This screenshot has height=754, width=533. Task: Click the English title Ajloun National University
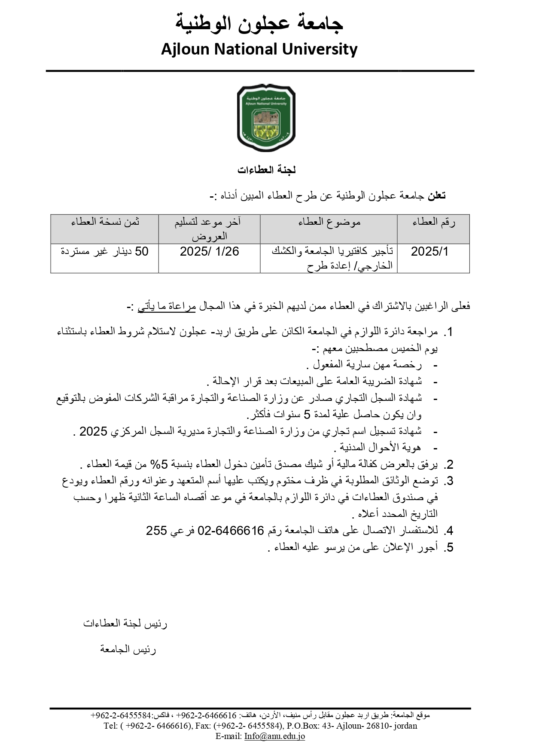pyautogui.click(x=259, y=49)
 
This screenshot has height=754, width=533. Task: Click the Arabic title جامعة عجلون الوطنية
pyautogui.click(x=259, y=24)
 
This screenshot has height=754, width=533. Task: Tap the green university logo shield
pyautogui.click(x=266, y=117)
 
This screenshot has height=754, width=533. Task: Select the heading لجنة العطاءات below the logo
pyautogui.click(x=266, y=170)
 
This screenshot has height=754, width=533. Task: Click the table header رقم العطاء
pyautogui.click(x=433, y=222)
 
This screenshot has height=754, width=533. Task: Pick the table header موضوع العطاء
pyautogui.click(x=329, y=222)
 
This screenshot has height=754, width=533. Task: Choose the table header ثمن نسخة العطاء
pyautogui.click(x=105, y=222)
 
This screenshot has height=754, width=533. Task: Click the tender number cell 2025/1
pyautogui.click(x=429, y=252)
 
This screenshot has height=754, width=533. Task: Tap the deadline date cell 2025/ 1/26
pyautogui.click(x=209, y=252)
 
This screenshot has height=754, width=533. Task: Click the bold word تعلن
pyautogui.click(x=436, y=196)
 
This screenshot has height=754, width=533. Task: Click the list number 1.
pyautogui.click(x=449, y=332)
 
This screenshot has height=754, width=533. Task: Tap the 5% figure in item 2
pyautogui.click(x=155, y=464)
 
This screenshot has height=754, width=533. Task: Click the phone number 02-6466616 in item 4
pyautogui.click(x=230, y=531)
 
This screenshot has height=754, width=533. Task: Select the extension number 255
pyautogui.click(x=156, y=531)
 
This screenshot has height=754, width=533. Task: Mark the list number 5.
pyautogui.click(x=449, y=548)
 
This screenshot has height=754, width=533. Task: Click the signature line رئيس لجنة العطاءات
pyautogui.click(x=125, y=624)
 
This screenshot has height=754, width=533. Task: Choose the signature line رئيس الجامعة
pyautogui.click(x=128, y=650)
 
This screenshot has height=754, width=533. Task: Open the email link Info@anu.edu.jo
pyautogui.click(x=274, y=736)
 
